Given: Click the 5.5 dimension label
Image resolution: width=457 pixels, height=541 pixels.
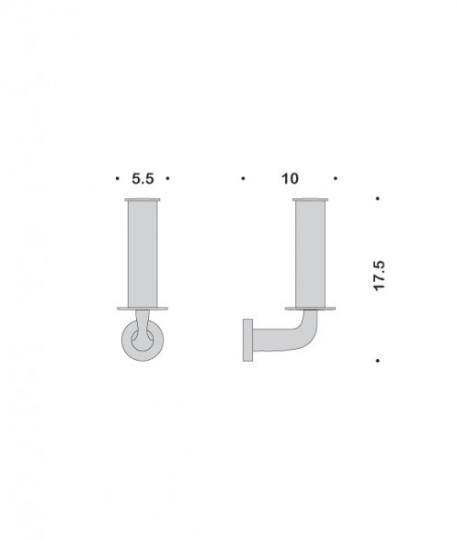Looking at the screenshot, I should pos(143,179).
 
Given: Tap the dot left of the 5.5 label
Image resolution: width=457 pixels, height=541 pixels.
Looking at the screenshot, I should pos(117,179).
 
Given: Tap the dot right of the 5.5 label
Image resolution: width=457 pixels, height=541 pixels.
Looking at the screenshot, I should pos(168,179).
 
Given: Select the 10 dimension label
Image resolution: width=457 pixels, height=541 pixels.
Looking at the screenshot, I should pos(291,179).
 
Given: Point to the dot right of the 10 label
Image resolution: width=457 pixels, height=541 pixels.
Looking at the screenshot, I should pos(337,179).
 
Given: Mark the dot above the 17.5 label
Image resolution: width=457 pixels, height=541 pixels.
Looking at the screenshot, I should pos(378,199).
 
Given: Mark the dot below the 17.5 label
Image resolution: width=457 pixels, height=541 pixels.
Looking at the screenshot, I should pos(378,361).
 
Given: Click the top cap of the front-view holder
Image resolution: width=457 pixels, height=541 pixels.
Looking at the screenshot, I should pos(143,198).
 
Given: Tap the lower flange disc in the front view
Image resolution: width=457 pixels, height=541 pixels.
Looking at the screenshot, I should pos(143,307).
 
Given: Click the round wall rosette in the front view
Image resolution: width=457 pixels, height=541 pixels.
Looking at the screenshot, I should pos(129,346).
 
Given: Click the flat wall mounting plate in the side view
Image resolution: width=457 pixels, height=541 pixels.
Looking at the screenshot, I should pos(246,341).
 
